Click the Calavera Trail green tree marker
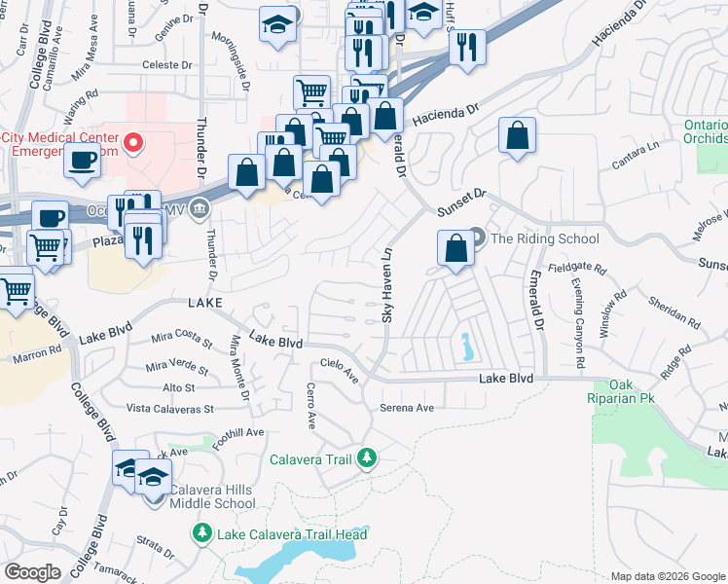tap(367, 457)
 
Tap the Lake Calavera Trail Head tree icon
tap(202, 533)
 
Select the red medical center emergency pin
tap(135, 144)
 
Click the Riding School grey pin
tap(476, 237)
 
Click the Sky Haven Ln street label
tap(386, 285)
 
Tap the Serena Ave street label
tap(406, 408)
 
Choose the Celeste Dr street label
tap(167, 65)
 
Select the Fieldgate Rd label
tap(577, 267)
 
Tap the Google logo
tap(32, 572)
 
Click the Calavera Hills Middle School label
tap(212, 496)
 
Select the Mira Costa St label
tap(182, 341)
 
